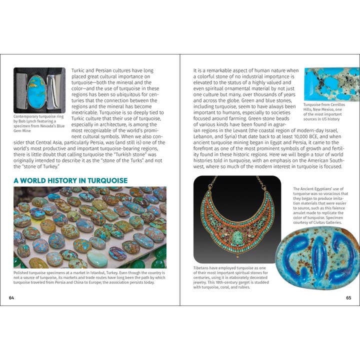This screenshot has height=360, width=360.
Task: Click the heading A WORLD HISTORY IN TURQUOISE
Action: pyautogui.click(x=70, y=180)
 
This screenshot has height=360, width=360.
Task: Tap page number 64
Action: pyautogui.click(x=11, y=298)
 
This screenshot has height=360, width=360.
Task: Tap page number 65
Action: pyautogui.click(x=348, y=298)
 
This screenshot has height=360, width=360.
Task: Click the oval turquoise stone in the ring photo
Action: pyautogui.click(x=36, y=91)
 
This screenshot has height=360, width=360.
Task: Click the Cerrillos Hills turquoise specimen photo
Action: pyautogui.click(x=331, y=84)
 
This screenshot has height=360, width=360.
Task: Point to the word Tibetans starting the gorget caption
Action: pyautogui.click(x=203, y=268)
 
